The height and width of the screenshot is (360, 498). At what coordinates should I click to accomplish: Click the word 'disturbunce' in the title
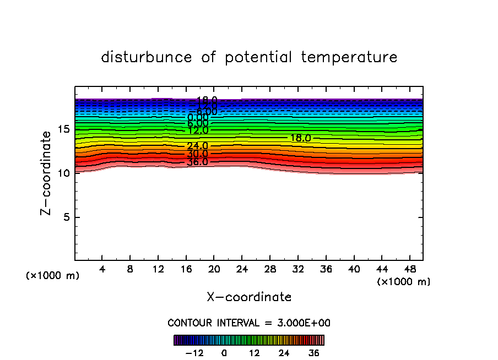(147, 57)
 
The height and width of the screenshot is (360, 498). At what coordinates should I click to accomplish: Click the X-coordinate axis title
(249, 297)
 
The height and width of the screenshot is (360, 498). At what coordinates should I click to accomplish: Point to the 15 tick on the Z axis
(63, 129)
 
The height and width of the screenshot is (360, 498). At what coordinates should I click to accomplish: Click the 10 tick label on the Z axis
(63, 173)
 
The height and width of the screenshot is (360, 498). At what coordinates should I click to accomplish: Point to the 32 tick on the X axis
(297, 269)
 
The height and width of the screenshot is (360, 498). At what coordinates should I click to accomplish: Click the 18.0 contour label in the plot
(300, 138)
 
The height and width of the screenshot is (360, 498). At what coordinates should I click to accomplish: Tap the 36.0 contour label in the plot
(197, 162)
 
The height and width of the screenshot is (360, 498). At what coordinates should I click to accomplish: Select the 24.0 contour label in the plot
(197, 146)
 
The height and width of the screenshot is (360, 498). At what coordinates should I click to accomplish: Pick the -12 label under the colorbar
(194, 353)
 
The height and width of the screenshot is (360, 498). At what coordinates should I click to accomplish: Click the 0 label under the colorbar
(224, 353)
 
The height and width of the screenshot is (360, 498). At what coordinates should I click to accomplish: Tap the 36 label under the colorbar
(313, 353)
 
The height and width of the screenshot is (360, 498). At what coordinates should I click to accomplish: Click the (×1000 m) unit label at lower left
(53, 276)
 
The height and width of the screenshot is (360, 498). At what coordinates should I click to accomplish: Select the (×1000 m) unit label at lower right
(404, 282)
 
